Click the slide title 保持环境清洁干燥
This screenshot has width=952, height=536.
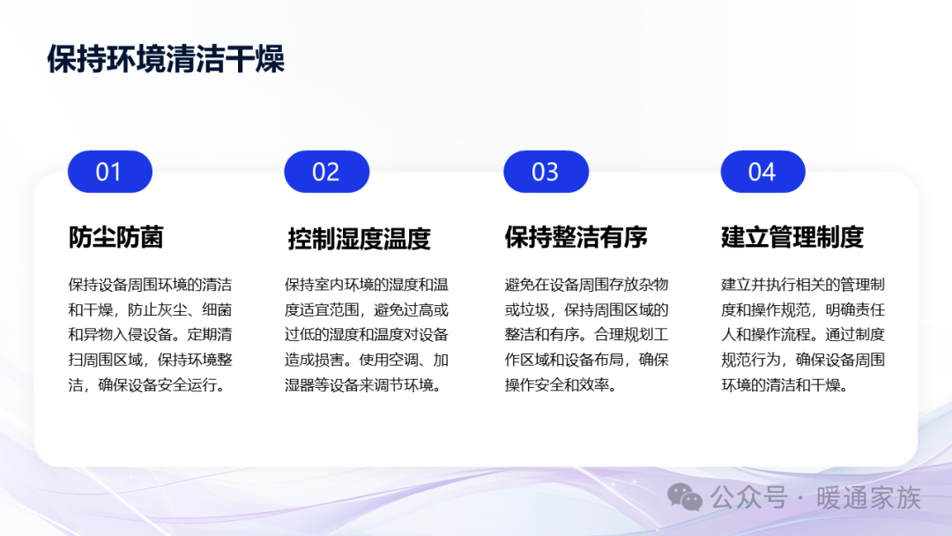[x=166, y=59]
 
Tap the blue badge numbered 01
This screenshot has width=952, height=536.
[x=110, y=172]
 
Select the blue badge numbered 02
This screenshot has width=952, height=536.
[x=327, y=172]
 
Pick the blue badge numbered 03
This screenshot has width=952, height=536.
[x=546, y=172]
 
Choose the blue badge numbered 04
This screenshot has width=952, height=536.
[x=762, y=172]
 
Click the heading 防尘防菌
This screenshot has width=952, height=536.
[x=116, y=237]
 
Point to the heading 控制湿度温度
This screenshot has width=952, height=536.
[x=359, y=239]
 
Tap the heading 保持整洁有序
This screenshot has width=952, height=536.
[x=576, y=237]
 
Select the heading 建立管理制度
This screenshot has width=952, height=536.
[x=792, y=237]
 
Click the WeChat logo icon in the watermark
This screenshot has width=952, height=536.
[x=685, y=497]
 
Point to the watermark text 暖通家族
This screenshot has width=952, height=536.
[x=869, y=498]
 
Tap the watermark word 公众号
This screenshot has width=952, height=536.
[x=749, y=498]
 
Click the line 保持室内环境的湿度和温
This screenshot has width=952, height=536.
[x=367, y=285]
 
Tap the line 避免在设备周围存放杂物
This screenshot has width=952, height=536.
[x=586, y=285]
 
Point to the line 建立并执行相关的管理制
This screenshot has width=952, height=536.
[x=803, y=285]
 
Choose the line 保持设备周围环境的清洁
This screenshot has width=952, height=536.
[x=150, y=285]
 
